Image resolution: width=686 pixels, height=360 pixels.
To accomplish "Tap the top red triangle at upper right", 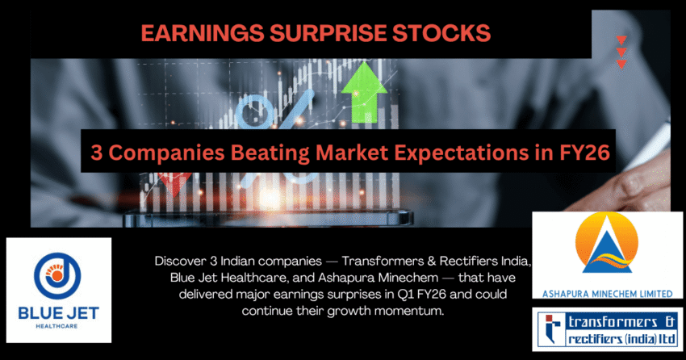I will (x=621, y=40).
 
